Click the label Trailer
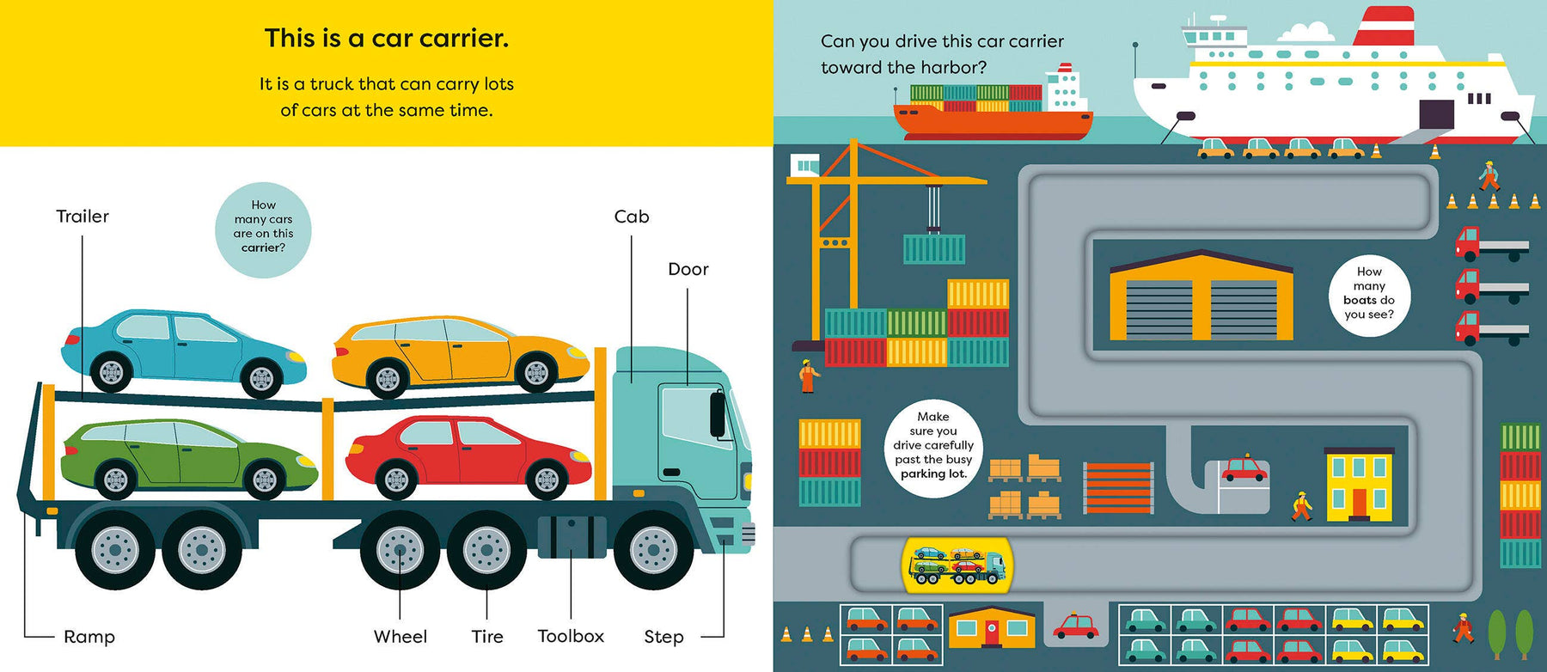[83, 217]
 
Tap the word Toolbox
[571, 636]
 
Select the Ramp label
[89, 637]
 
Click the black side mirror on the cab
[717, 413]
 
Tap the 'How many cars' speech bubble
[263, 230]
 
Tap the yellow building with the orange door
[1359, 485]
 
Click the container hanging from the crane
[934, 249]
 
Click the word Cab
[632, 217]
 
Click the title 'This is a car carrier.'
[387, 39]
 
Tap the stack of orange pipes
[1118, 487]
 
